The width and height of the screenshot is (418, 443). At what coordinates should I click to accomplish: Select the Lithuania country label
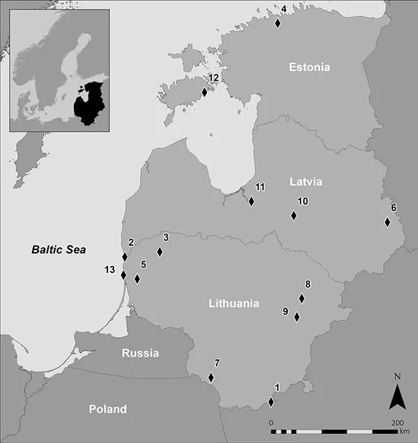click(233, 304)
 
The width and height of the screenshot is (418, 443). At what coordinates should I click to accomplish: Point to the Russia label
click(140, 353)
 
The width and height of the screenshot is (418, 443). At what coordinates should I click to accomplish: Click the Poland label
click(108, 409)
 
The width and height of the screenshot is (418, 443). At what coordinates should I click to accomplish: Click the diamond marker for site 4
click(278, 23)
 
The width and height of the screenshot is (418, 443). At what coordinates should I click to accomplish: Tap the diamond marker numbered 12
click(204, 92)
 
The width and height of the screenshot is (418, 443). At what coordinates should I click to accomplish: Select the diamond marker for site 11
click(251, 201)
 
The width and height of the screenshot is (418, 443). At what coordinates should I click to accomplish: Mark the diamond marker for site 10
click(293, 215)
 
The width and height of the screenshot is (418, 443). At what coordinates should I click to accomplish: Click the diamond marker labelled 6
click(387, 222)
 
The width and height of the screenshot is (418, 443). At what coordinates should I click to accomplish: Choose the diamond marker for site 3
click(160, 252)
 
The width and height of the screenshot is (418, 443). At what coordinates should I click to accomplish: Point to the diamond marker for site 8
click(302, 298)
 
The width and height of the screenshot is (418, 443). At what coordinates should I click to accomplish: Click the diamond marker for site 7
click(211, 378)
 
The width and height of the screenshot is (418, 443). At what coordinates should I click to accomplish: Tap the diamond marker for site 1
click(271, 402)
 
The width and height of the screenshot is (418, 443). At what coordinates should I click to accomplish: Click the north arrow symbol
click(397, 398)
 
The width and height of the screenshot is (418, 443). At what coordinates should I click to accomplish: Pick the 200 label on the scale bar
click(397, 423)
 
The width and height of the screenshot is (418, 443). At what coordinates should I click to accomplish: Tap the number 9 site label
click(285, 311)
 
